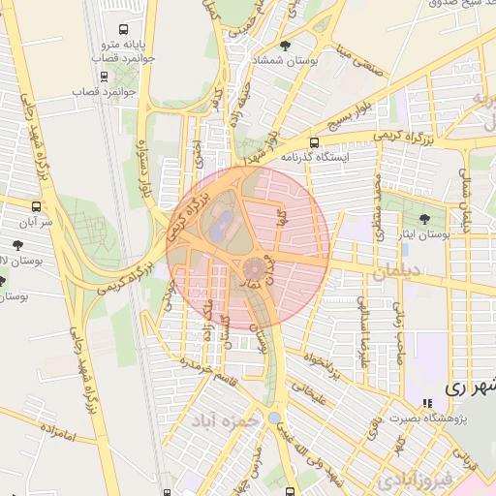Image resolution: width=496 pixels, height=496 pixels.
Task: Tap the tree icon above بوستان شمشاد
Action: point(284,46)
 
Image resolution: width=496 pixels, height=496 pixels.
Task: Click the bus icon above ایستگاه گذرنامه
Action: point(313,142)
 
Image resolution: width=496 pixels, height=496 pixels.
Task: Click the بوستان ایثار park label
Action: point(425,233)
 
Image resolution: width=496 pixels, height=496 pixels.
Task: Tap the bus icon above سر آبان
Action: point(37,206)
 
